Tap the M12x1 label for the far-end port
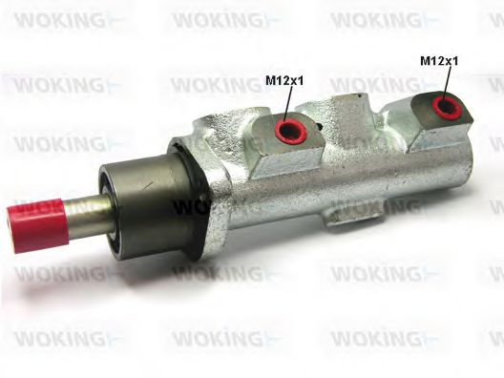pos(439,59)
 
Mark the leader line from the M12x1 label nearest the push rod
pos(286,103)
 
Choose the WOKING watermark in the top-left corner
pos(52,20)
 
